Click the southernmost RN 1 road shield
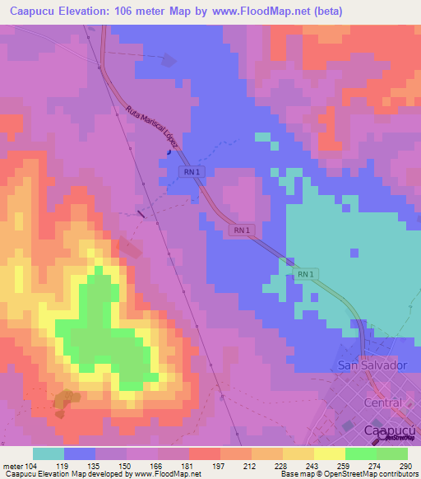pos(305,273)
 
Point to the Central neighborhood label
pos(382,402)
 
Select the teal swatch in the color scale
pos(49,453)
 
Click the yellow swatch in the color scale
pos(330,453)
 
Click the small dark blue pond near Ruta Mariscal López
pos(169,151)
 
